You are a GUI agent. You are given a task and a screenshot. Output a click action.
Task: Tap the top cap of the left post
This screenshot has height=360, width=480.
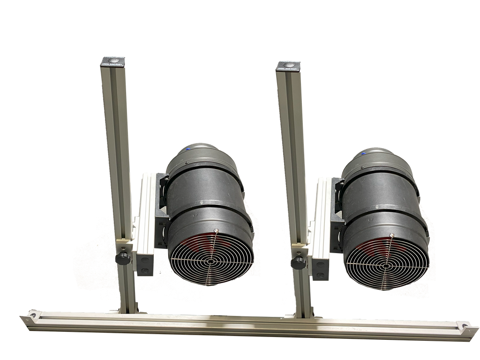click(113, 61)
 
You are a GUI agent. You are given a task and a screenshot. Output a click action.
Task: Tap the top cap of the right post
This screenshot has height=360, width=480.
click(288, 66)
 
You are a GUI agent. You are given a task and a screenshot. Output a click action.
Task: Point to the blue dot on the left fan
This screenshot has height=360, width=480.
click(187, 150)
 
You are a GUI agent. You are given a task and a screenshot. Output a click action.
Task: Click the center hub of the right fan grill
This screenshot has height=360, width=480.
click(386, 265)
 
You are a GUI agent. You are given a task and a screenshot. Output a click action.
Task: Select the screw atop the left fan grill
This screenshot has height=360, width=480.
click(216, 230)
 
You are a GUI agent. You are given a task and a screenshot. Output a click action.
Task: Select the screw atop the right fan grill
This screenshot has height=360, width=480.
click(391, 235)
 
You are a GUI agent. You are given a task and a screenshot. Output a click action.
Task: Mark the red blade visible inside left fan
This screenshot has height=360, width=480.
click(192, 244)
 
